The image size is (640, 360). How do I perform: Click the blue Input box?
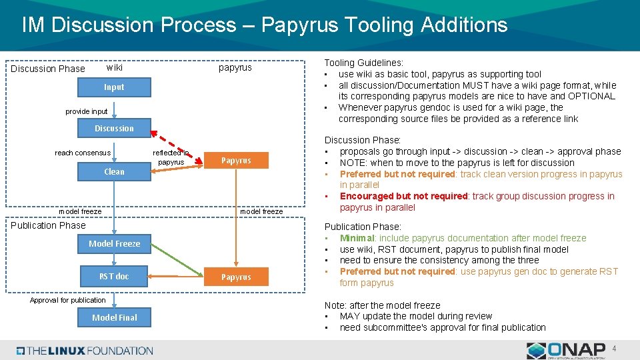click(114, 87)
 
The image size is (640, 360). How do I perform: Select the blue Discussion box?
click(114, 129)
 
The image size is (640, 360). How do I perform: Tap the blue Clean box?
click(114, 171)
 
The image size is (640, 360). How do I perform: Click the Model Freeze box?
click(114, 244)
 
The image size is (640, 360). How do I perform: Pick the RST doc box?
click(114, 276)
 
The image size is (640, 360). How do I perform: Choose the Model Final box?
click(114, 317)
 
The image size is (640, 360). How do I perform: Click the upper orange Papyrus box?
click(236, 161)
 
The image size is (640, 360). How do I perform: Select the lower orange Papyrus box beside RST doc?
click(236, 277)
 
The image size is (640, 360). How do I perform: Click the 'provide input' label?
click(87, 111)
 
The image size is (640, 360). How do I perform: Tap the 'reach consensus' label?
click(83, 153)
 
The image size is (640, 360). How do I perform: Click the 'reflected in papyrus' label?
click(171, 157)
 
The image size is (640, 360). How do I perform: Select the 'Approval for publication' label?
click(68, 300)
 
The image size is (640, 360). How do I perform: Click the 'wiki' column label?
click(115, 67)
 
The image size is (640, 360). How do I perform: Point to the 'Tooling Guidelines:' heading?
click(363, 63)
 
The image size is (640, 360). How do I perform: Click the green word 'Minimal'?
click(357, 238)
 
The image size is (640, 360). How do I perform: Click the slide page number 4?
click(615, 348)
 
